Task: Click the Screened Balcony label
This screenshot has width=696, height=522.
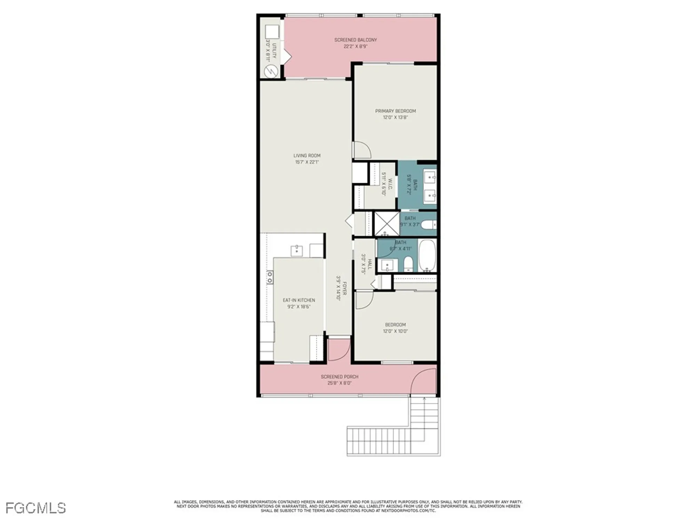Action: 355,40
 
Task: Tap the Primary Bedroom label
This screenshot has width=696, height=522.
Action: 395,111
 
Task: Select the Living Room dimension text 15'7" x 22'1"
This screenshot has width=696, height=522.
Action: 307,162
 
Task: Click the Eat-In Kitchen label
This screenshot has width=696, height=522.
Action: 299,300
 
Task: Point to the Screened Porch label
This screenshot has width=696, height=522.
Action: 339,377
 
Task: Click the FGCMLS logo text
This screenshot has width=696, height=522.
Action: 35,508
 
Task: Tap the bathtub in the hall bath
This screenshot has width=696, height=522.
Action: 427,255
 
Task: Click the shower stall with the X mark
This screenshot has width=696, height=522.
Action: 387,224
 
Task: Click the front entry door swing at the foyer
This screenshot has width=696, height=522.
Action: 338,350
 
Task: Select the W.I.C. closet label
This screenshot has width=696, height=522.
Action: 390,184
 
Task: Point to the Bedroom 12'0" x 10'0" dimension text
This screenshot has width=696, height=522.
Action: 395,331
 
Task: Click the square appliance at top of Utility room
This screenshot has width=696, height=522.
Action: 272,32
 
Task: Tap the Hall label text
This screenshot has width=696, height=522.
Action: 370,264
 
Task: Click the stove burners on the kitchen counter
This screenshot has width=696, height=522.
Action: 270,277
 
